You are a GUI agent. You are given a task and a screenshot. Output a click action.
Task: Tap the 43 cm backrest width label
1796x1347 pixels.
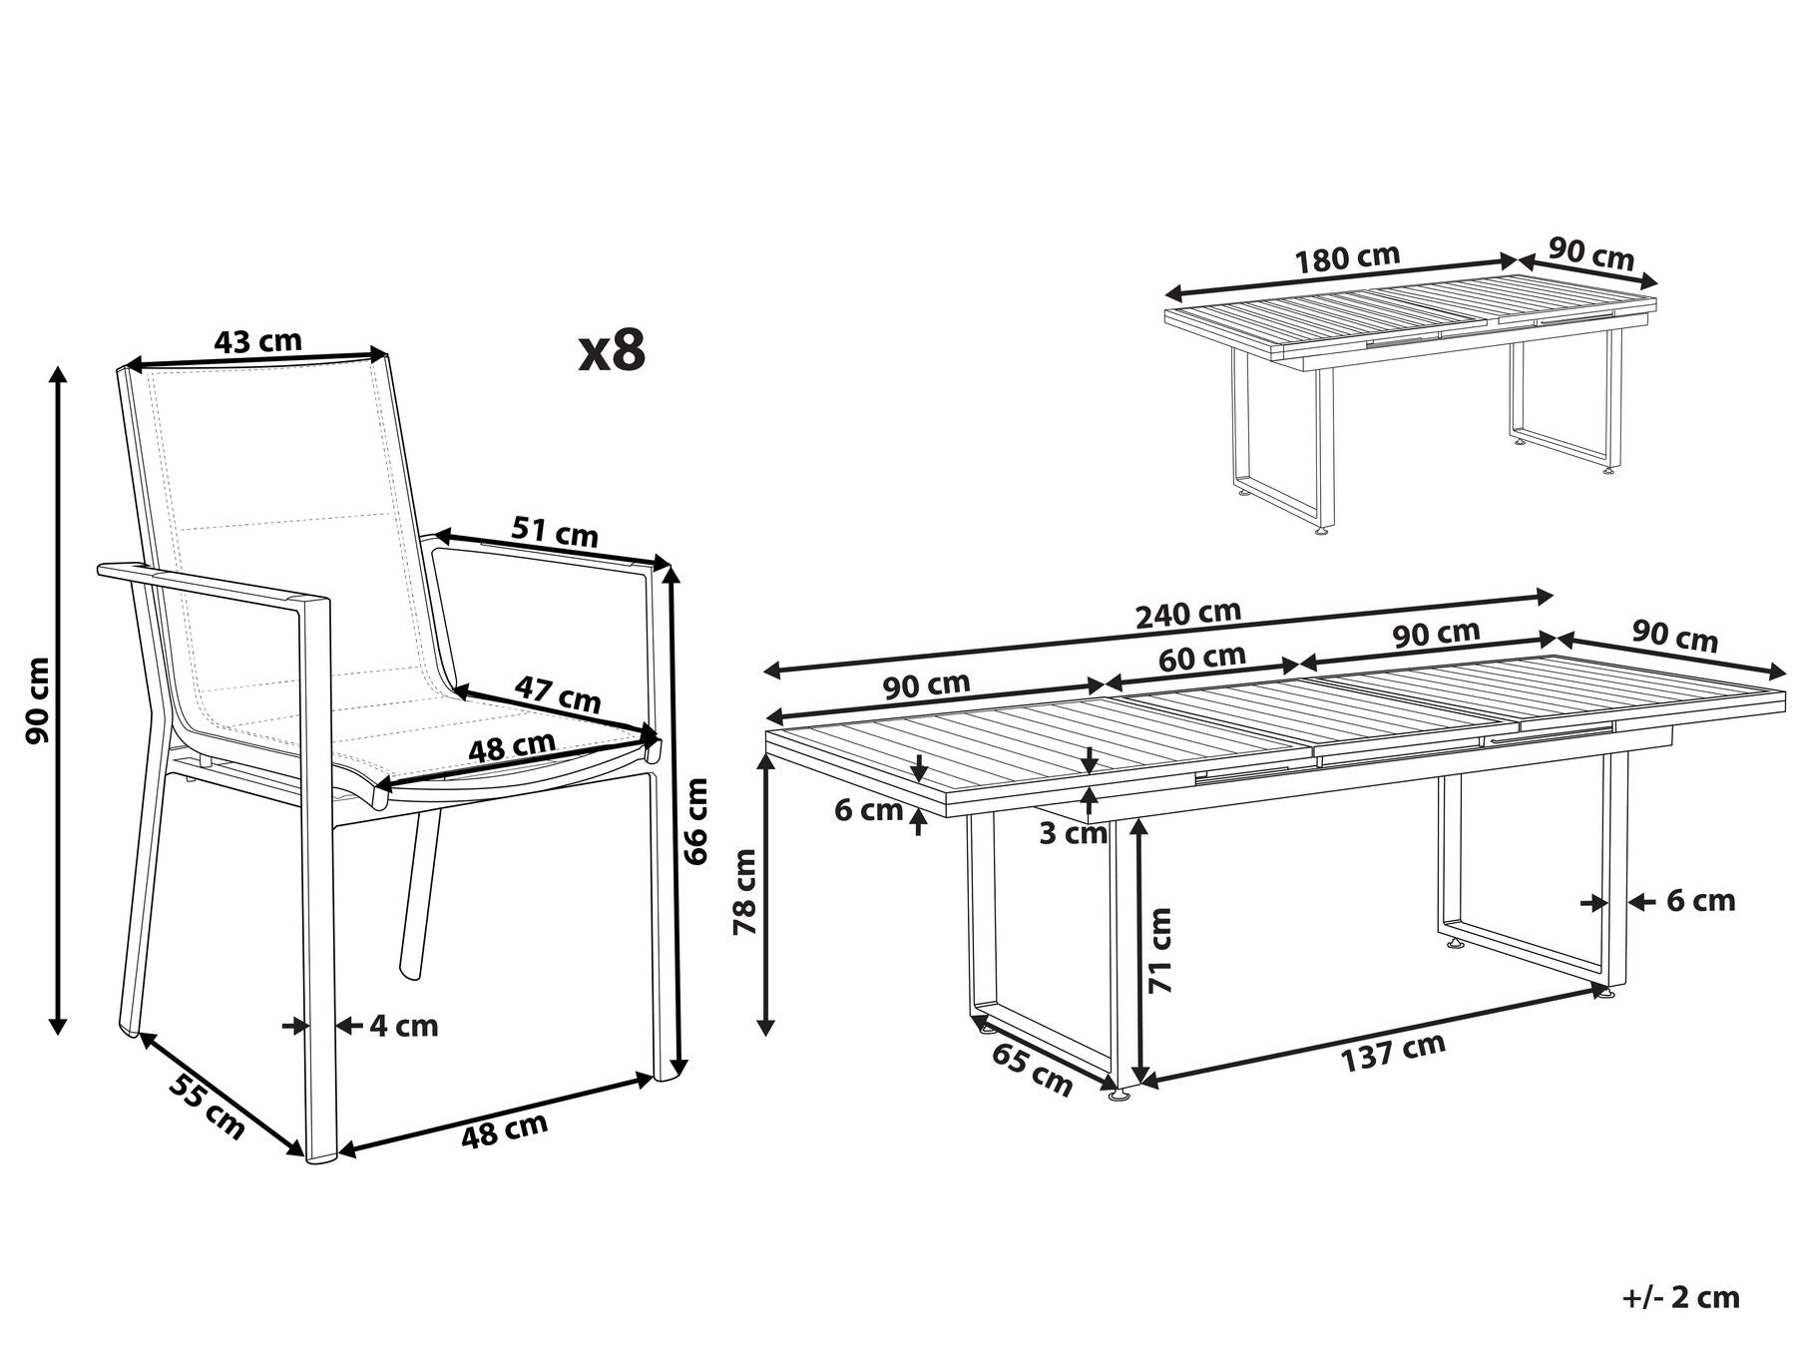(257, 341)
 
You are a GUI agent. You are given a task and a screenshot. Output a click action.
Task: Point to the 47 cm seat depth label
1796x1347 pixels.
(558, 694)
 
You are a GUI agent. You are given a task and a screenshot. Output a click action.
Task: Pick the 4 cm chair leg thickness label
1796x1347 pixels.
(404, 1026)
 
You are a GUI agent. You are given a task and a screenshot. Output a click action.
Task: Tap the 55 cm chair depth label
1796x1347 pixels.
(206, 1106)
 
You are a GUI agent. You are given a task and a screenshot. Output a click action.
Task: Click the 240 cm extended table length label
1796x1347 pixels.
(1188, 615)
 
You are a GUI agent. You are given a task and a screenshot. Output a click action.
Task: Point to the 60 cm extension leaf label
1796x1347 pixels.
(1202, 658)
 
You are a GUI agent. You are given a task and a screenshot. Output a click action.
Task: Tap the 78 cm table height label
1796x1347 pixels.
(745, 891)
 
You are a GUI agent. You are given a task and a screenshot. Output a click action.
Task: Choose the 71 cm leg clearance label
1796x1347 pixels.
(1159, 950)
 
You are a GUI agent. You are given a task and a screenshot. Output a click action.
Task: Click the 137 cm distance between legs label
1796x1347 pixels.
(1392, 1053)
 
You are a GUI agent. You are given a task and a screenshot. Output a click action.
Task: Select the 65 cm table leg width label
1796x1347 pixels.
(1033, 1070)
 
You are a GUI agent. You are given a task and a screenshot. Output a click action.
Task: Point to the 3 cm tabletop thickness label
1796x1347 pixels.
(1073, 833)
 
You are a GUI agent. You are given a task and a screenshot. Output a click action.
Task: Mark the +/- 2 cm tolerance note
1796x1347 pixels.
(1680, 1297)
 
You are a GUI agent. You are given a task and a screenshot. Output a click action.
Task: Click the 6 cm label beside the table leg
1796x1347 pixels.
(1701, 901)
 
